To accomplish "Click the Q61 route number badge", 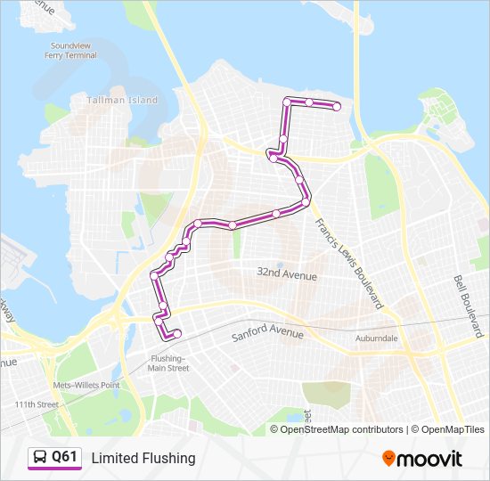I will tap(64, 458).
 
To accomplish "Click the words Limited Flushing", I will tap(143, 458).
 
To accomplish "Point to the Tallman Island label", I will tap(122, 101).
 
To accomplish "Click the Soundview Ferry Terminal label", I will tap(74, 50).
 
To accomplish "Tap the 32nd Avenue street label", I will tap(286, 276).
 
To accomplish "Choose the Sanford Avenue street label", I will tap(267, 335).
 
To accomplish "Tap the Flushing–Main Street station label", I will tap(168, 363).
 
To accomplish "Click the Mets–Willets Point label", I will tap(86, 385).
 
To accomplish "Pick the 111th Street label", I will tap(36, 404).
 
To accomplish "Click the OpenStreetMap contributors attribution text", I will tap(342, 429).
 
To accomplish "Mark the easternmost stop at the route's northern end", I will tap(337, 107).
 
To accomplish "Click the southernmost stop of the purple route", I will tap(176, 334).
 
